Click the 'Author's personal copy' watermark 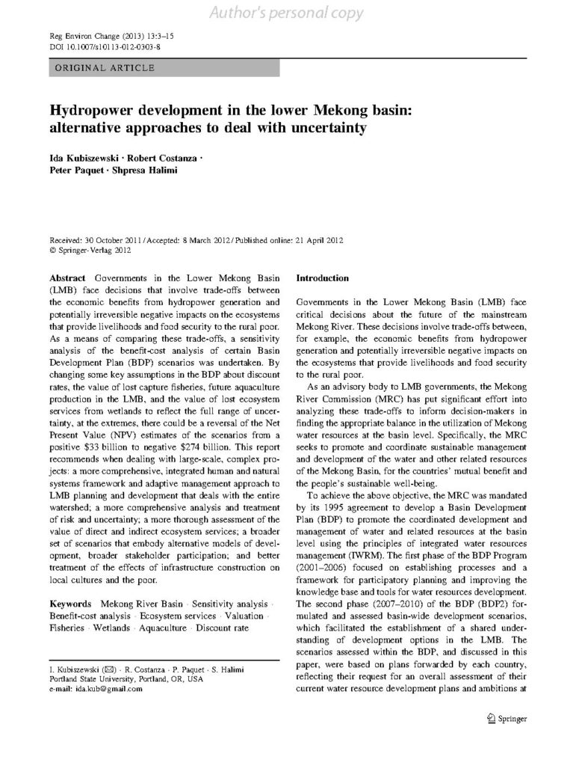pyautogui.click(x=287, y=13)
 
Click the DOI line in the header pyautogui.click(x=99, y=47)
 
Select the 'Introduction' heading pyautogui.click(x=323, y=278)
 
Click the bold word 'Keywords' pyautogui.click(x=71, y=603)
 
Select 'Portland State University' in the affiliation pyautogui.click(x=94, y=679)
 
